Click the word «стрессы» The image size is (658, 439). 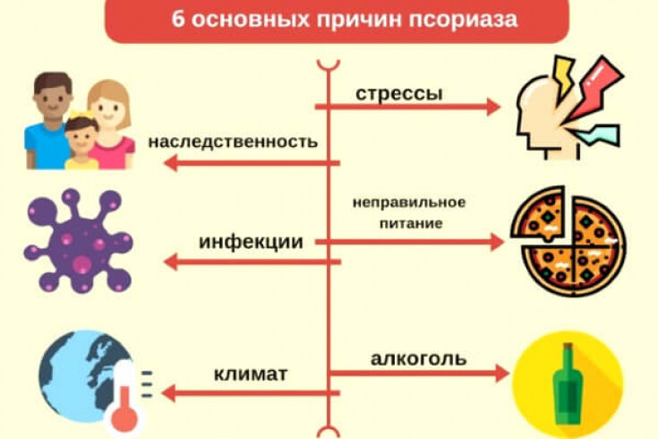tap(399, 94)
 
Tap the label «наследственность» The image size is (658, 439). tap(233, 142)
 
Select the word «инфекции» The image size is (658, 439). tap(251, 242)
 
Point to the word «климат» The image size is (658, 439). tap(251, 374)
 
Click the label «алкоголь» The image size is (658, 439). tap(418, 358)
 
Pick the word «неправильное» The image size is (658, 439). tap(409, 202)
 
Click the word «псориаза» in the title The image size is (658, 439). tap(464, 20)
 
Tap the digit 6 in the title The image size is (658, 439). tap(178, 19)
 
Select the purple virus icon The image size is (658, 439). tap(79, 241)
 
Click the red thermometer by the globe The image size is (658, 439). tap(123, 400)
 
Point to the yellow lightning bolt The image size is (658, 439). tap(563, 76)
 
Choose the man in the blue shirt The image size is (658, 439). tap(47, 121)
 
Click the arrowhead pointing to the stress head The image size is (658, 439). tap(493, 107)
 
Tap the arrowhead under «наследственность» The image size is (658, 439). tap(170, 163)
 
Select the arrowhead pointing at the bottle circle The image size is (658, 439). tap(502, 373)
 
